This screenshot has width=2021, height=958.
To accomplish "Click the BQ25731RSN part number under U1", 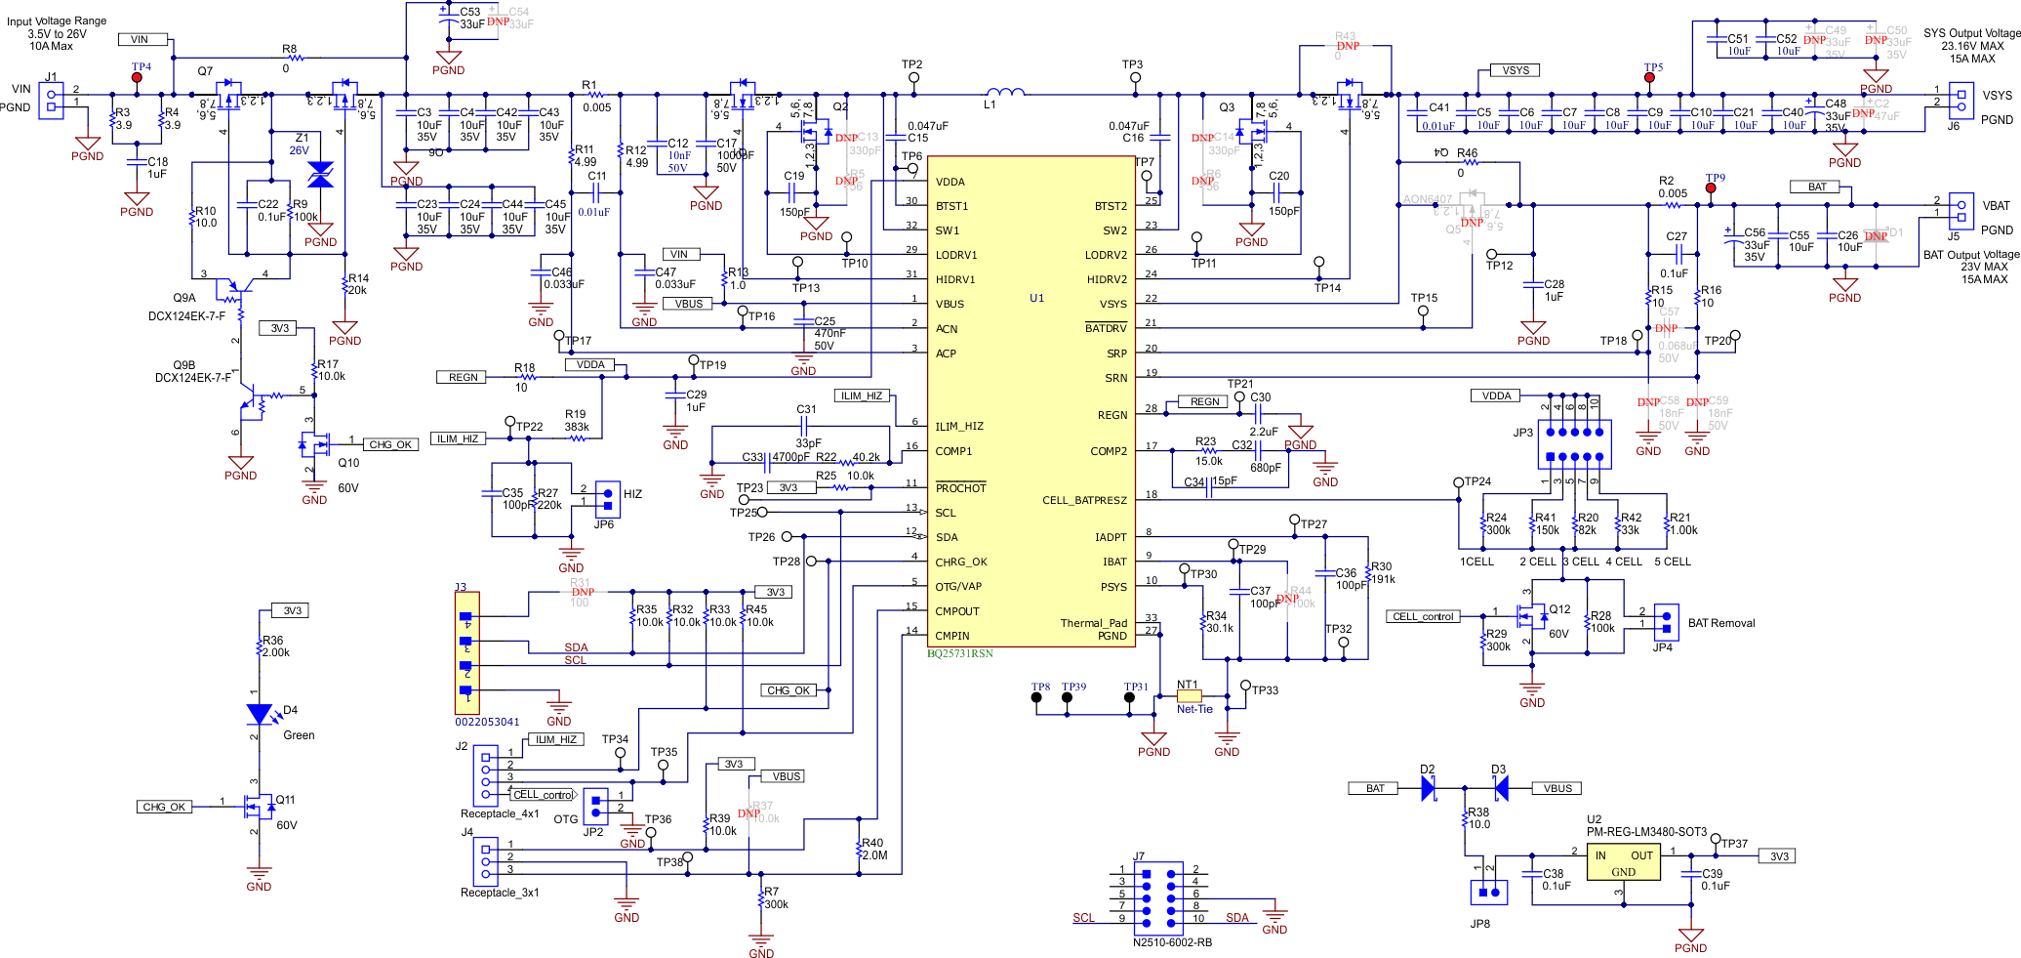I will pyautogui.click(x=959, y=653).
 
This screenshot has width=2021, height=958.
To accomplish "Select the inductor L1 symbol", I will pyautogui.click(x=1005, y=93).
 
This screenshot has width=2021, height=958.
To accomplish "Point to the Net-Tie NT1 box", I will pyautogui.click(x=1189, y=696).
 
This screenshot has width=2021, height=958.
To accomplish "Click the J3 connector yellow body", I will pyautogui.click(x=466, y=652).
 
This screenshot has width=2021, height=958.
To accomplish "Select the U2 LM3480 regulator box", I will pyautogui.click(x=1623, y=861).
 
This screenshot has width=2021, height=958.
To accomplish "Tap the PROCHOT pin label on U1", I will pyautogui.click(x=960, y=488).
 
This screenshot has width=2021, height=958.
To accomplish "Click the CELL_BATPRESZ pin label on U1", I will pyautogui.click(x=1084, y=500).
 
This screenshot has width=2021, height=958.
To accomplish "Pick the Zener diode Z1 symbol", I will pyautogui.click(x=320, y=175).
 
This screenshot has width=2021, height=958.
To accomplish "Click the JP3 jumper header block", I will pyautogui.click(x=1574, y=444).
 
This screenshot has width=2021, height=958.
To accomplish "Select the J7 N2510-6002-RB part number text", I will pyautogui.click(x=1172, y=942).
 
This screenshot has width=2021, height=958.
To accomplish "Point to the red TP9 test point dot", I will pyautogui.click(x=1711, y=188).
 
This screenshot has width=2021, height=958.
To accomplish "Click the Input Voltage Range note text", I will pyautogui.click(x=57, y=33).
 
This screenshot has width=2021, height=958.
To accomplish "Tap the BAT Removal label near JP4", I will pyautogui.click(x=1720, y=623).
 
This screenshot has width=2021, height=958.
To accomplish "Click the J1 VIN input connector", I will pyautogui.click(x=51, y=100).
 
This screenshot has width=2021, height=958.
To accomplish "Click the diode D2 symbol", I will pyautogui.click(x=1429, y=788).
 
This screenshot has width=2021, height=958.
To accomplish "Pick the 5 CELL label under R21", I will pyautogui.click(x=1672, y=562).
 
